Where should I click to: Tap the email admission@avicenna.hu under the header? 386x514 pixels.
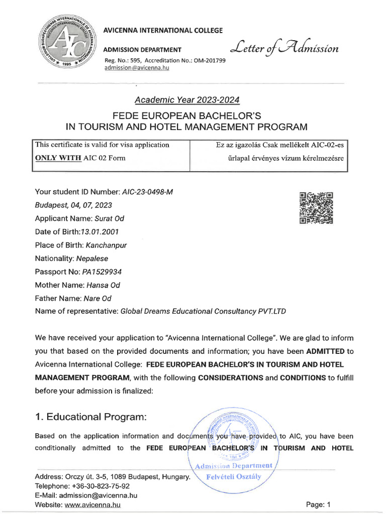(136, 68)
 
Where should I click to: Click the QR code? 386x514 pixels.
(316, 207)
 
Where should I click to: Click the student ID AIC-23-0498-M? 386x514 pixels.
(148, 192)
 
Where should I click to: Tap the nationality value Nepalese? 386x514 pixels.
(91, 259)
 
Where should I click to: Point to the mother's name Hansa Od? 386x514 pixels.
(103, 285)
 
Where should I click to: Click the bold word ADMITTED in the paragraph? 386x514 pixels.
(326, 351)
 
